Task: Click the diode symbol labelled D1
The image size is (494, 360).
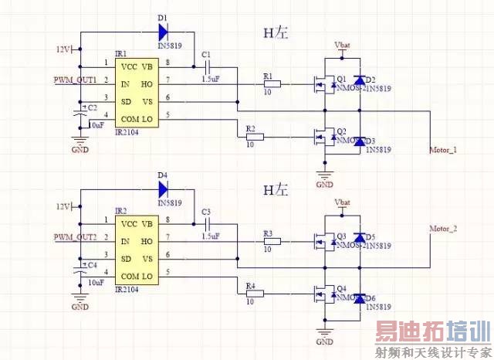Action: [x=162, y=32]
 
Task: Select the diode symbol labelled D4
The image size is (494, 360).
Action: [x=162, y=188]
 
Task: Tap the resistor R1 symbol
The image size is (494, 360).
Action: [x=272, y=83]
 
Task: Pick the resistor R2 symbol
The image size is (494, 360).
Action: [x=254, y=137]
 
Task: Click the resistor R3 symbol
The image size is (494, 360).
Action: [x=272, y=240]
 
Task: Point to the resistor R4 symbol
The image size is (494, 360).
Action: [x=254, y=294]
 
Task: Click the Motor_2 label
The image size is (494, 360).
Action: [x=444, y=229]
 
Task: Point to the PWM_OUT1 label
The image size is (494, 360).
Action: [x=75, y=80]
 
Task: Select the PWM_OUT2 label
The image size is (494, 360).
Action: [x=75, y=237]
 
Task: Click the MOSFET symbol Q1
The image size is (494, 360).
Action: [x=317, y=83]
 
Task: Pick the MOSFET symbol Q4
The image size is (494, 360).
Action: [x=317, y=294]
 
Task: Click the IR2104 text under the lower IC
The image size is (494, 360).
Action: [x=128, y=289]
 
